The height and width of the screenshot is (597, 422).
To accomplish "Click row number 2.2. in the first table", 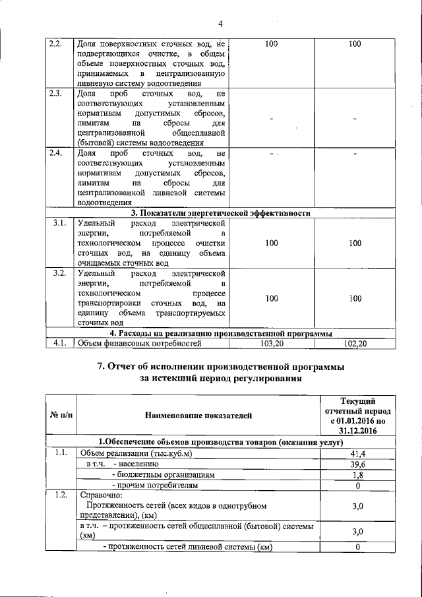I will [x=56, y=45].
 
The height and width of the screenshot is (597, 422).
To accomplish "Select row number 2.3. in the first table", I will [x=56, y=94].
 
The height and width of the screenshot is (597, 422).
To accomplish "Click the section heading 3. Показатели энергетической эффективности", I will [x=220, y=212].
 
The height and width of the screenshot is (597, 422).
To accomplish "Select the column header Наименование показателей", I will [x=198, y=416].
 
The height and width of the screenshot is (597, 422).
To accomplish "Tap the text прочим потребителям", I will [x=156, y=485].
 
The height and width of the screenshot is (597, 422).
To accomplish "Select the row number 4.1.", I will [x=59, y=343].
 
